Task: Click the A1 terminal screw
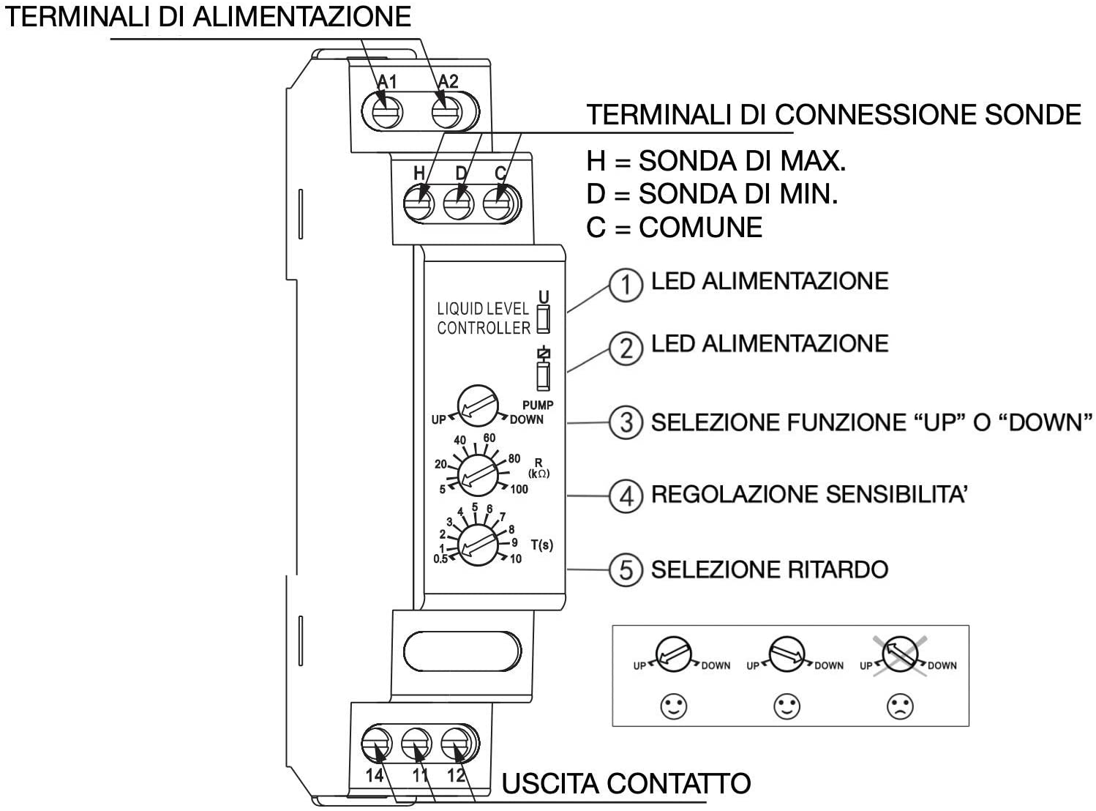pyautogui.click(x=387, y=112)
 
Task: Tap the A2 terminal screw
pyautogui.click(x=447, y=112)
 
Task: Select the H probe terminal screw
pyautogui.click(x=418, y=203)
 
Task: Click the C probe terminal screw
pyautogui.click(x=498, y=203)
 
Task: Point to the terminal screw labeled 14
pyautogui.click(x=376, y=743)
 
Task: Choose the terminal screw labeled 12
pyautogui.click(x=456, y=743)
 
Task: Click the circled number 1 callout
pyautogui.click(x=626, y=285)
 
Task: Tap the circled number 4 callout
pyautogui.click(x=626, y=496)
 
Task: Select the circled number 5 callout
pyautogui.click(x=626, y=569)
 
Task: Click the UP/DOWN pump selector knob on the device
pyautogui.click(x=478, y=406)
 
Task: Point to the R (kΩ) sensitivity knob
pyautogui.click(x=478, y=476)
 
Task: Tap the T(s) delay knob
pyautogui.click(x=478, y=545)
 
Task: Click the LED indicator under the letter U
pyautogui.click(x=544, y=319)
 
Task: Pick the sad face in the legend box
pyautogui.click(x=901, y=706)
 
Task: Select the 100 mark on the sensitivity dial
pyautogui.click(x=519, y=490)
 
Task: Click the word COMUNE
pyautogui.click(x=701, y=228)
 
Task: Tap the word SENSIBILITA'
pyautogui.click(x=896, y=495)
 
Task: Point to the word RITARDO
pyautogui.click(x=838, y=569)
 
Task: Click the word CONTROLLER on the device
pyautogui.click(x=484, y=328)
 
